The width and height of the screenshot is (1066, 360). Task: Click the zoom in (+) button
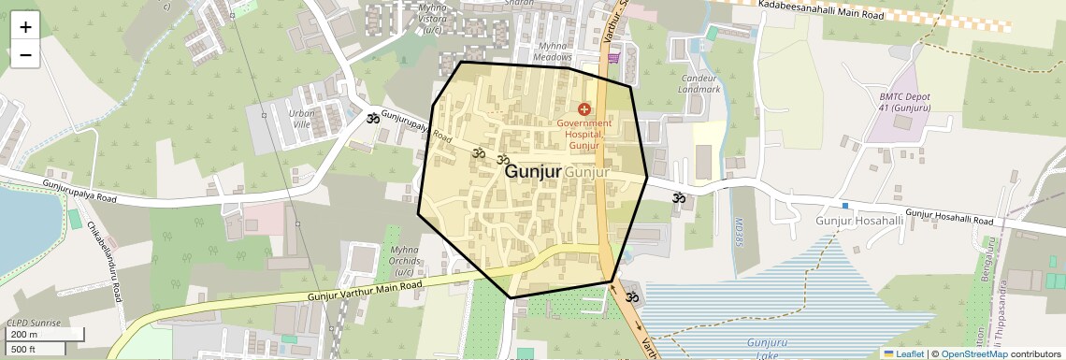click(x=25, y=27)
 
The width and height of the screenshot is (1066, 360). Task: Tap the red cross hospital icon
click(x=584, y=110)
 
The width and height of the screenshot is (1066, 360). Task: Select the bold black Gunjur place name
click(x=533, y=172)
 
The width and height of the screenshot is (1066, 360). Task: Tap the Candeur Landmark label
click(x=700, y=83)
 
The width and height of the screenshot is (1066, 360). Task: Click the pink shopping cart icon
click(x=613, y=58)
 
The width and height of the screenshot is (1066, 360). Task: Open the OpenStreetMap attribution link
click(x=973, y=353)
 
